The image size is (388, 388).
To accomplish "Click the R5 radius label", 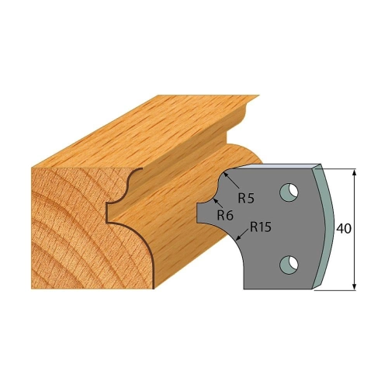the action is tap(246, 198).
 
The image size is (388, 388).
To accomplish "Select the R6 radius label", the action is tap(225, 215).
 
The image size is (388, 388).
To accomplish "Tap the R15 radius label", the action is tap(260, 227).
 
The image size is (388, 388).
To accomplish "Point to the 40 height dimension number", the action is tap(344, 228).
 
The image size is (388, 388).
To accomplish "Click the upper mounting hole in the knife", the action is tap(289, 192).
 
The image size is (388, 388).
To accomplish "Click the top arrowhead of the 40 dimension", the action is tap(355, 173).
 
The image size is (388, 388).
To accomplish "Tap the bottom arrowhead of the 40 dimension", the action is tap(355, 286).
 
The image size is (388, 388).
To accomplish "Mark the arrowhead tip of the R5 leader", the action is tap(223, 173).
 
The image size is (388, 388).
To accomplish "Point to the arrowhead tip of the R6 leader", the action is tap(213, 198).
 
